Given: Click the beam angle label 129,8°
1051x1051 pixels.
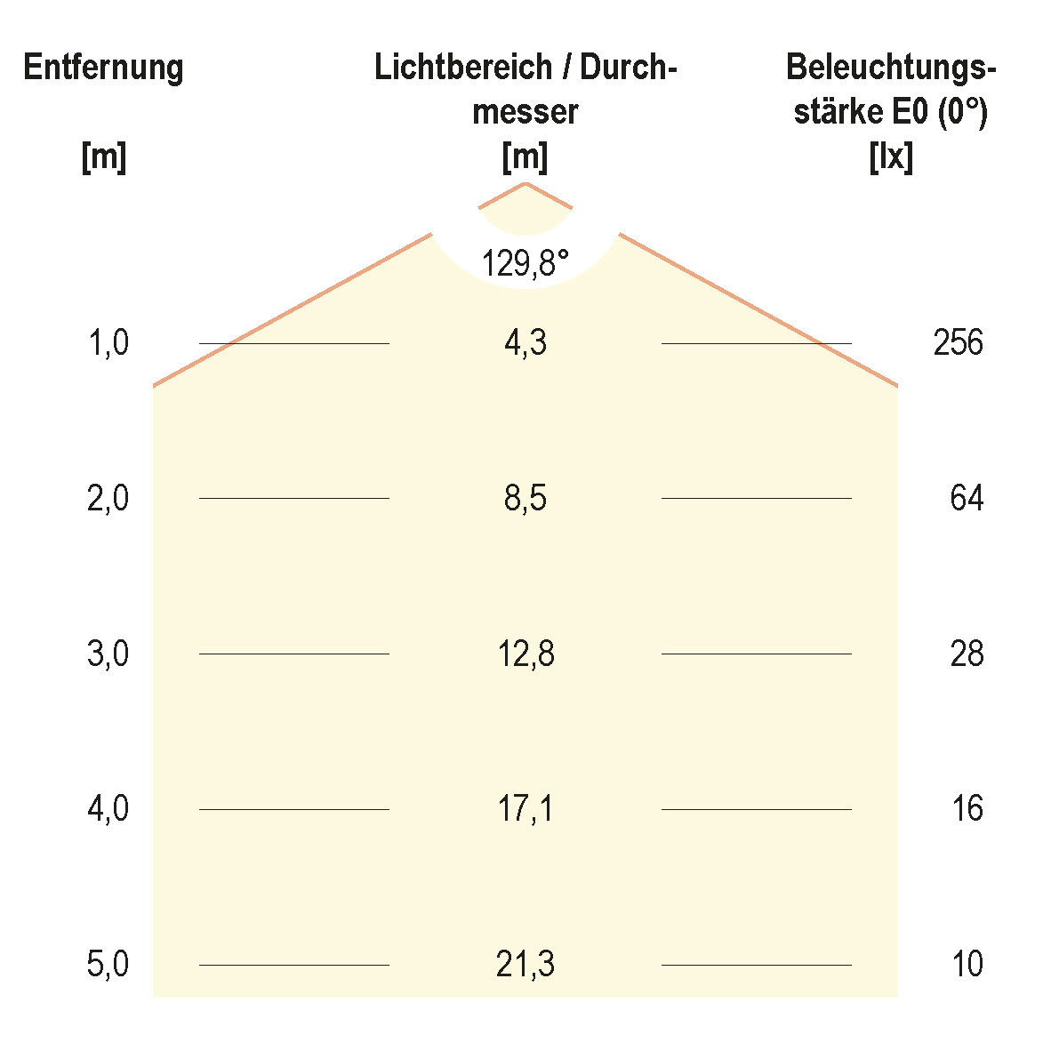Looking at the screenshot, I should [525, 263].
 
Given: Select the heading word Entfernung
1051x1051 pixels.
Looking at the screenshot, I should [103, 68].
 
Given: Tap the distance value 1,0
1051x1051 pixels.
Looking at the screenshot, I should [108, 343].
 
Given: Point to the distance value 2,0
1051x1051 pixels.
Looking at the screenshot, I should [108, 499].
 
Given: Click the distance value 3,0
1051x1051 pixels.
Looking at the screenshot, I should [108, 654].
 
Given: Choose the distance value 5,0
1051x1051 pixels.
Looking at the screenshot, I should [108, 965].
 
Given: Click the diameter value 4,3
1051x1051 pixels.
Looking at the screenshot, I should [525, 343].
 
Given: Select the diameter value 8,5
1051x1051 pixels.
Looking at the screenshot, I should [525, 499].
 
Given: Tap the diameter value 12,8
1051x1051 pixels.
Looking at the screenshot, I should [525, 654].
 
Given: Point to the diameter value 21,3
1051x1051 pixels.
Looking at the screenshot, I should [525, 965].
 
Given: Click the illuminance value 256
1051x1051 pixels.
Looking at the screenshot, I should [958, 343].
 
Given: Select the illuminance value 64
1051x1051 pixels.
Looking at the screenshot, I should [967, 499].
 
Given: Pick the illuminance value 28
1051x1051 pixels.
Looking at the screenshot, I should [967, 654].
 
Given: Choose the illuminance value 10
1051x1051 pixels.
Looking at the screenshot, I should [967, 965].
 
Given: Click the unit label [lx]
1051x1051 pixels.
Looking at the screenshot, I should [890, 158].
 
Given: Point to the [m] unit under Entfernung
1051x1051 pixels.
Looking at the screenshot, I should [103, 158].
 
